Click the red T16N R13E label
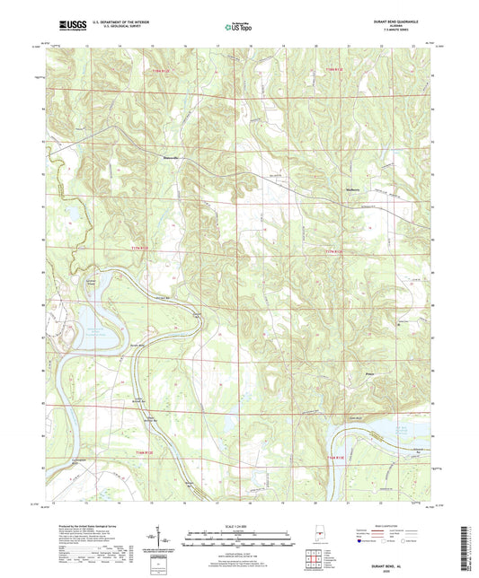335,458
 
